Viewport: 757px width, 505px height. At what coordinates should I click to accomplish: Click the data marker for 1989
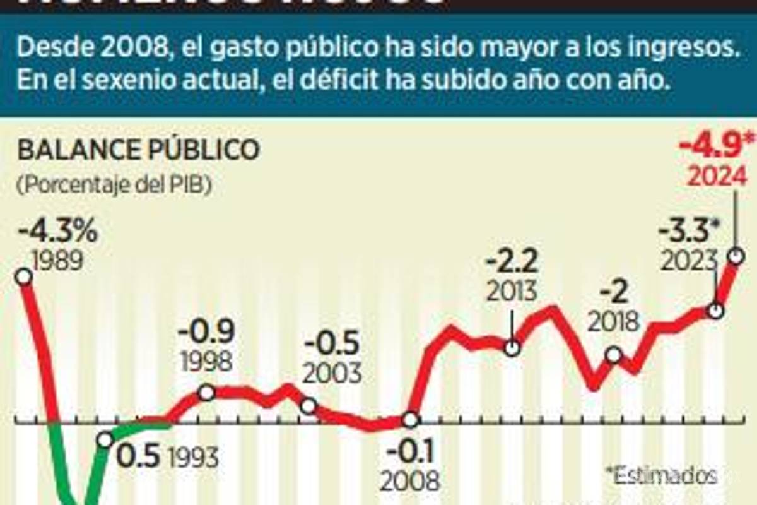(x=23, y=276)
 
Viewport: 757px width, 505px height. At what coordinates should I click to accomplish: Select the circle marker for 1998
(x=207, y=393)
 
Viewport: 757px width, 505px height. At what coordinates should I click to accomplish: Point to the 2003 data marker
(x=308, y=406)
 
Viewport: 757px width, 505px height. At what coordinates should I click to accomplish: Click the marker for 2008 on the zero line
(x=410, y=419)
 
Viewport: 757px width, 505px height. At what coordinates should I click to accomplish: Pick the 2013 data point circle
(x=512, y=347)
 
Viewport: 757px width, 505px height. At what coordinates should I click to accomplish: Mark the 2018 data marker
(x=613, y=355)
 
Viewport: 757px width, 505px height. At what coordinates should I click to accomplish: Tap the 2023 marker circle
(x=715, y=311)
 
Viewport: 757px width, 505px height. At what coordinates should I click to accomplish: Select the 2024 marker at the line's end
(x=736, y=256)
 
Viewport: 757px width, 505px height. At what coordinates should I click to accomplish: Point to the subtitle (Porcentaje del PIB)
(x=115, y=185)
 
